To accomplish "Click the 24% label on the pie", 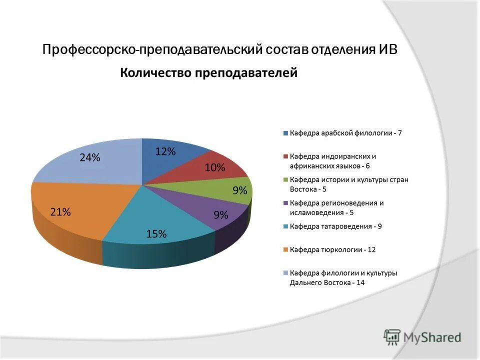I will pyautogui.click(x=90, y=157).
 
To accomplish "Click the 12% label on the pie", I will pyautogui.click(x=165, y=151).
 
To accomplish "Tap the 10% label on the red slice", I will pyautogui.click(x=214, y=168).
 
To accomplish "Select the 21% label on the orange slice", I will pyautogui.click(x=60, y=212).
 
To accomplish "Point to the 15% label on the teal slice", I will pyautogui.click(x=156, y=233).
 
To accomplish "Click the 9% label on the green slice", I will pyautogui.click(x=239, y=190).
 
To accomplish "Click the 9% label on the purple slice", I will pyautogui.click(x=221, y=215).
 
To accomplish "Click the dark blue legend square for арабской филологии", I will pyautogui.click(x=285, y=133).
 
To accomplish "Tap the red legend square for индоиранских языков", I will pyautogui.click(x=285, y=156).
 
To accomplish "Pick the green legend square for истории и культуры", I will pyautogui.click(x=285, y=180).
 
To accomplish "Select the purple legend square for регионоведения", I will pyautogui.click(x=285, y=203).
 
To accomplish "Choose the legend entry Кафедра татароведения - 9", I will pyautogui.click(x=335, y=226).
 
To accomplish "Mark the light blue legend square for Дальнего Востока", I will pyautogui.click(x=285, y=273).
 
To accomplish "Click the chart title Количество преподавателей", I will pyautogui.click(x=208, y=73).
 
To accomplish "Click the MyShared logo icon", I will pyautogui.click(x=392, y=337).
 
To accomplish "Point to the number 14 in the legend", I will pyautogui.click(x=360, y=282).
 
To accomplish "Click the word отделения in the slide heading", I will pyautogui.click(x=342, y=50).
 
